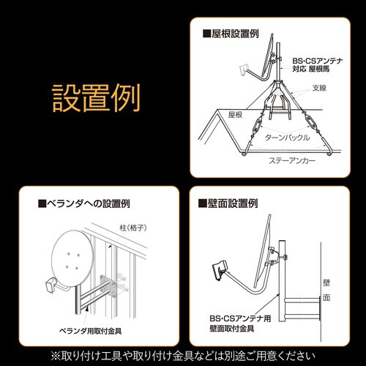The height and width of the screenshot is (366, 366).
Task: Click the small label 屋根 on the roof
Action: pyautogui.click(x=234, y=115)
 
